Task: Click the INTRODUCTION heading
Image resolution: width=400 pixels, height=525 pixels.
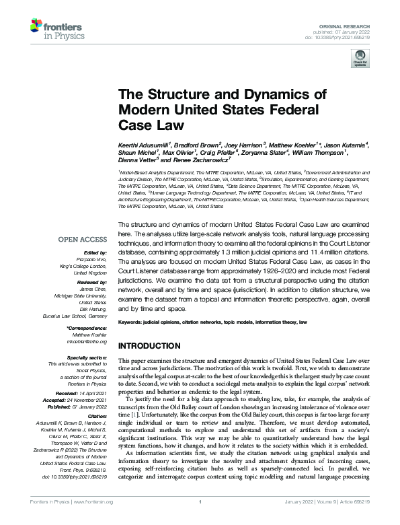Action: pos(148,345)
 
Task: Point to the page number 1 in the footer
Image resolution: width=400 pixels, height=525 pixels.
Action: pos(200,520)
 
